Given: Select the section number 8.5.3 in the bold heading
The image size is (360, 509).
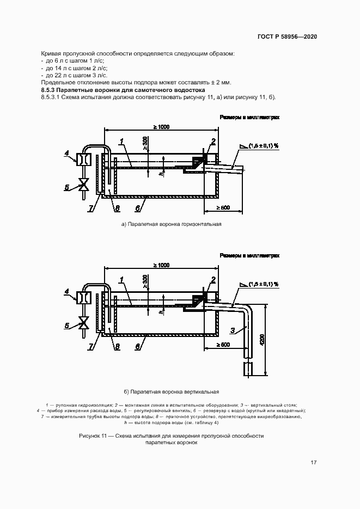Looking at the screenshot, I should click(50, 89).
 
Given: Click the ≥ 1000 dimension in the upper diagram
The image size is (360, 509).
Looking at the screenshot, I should click(161, 127).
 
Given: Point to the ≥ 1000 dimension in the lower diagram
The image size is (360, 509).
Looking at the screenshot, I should click(161, 265).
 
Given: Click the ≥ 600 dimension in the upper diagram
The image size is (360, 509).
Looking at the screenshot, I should click(222, 207).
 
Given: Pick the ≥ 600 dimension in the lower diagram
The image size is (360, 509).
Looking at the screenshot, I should click(222, 345).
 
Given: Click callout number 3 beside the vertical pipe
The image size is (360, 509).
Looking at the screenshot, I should click(233, 330).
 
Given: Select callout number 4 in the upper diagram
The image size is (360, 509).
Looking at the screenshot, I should click(67, 154).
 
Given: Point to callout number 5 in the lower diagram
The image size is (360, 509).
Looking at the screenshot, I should click(67, 326).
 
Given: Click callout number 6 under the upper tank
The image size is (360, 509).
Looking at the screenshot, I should click(138, 208).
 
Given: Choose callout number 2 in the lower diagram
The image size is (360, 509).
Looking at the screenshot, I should click(213, 280).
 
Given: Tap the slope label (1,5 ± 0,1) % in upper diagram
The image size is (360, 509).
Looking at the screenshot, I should click(264, 146).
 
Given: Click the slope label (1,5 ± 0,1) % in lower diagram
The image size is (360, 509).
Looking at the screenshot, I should click(264, 284).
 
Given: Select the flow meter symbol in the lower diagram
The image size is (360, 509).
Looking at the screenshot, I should click(84, 298).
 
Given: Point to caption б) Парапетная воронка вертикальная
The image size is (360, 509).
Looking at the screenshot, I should click(171, 391).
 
